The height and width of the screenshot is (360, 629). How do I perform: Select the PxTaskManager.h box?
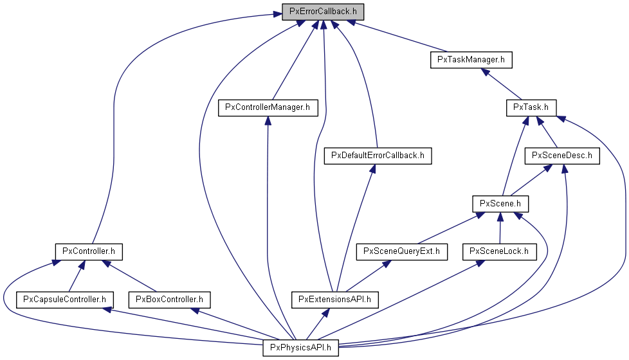click(471, 59)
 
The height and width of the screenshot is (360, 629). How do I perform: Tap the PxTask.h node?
click(531, 107)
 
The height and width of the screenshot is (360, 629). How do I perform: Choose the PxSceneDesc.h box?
click(562, 156)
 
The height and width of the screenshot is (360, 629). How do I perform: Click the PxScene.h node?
click(500, 204)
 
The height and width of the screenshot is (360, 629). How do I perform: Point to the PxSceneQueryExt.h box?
click(401, 251)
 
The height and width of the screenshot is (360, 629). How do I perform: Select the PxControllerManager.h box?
click(268, 107)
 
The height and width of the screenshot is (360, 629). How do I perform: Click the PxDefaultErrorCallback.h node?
click(377, 156)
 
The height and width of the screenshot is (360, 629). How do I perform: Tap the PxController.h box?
click(88, 251)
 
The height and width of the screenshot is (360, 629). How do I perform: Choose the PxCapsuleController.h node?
click(64, 299)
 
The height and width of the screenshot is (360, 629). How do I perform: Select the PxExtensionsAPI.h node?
click(335, 299)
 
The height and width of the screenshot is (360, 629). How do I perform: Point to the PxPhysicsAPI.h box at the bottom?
click(300, 348)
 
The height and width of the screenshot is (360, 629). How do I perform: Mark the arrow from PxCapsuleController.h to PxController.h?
click(75, 276)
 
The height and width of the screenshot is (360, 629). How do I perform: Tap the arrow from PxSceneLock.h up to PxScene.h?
click(500, 228)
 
